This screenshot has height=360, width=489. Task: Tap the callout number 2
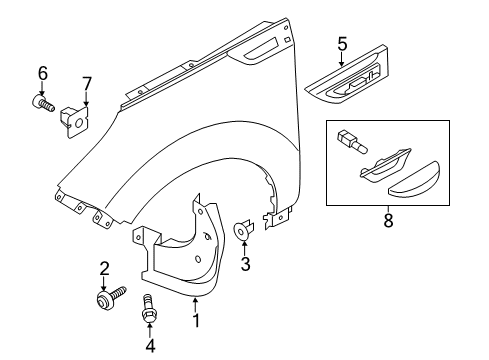[x=103, y=267]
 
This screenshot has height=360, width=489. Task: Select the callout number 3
[x=246, y=265]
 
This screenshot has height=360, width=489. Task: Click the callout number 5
[x=341, y=43]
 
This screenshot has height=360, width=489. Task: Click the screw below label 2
[x=111, y=297]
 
